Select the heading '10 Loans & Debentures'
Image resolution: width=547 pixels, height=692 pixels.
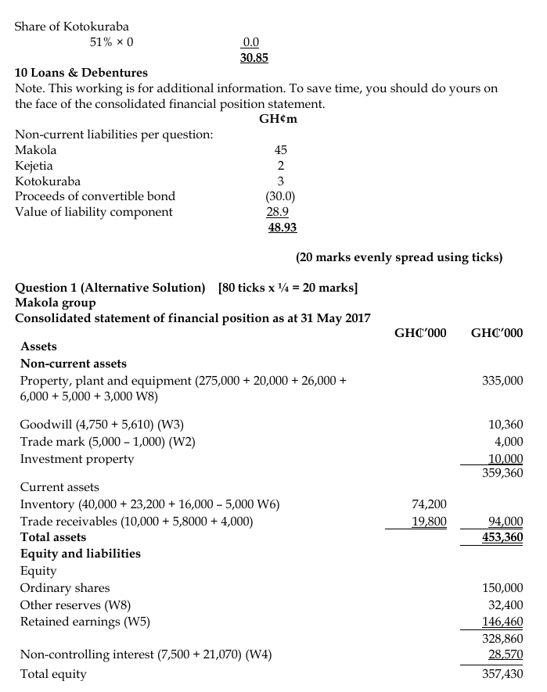(x=81, y=73)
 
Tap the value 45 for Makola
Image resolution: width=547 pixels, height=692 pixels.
(x=280, y=149)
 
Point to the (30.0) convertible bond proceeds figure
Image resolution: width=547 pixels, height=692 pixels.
(x=280, y=196)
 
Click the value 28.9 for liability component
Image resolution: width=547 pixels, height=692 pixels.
(x=278, y=212)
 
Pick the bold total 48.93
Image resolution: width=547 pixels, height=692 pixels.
(x=282, y=227)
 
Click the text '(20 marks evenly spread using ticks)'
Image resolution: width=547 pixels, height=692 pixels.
(x=399, y=256)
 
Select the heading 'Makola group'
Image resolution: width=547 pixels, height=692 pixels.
(x=56, y=302)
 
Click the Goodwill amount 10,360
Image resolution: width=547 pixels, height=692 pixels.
(x=505, y=425)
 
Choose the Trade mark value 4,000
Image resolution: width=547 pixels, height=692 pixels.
(x=507, y=442)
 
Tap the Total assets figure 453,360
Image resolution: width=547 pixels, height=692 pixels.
(x=502, y=537)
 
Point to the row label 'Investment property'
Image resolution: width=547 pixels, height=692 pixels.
(x=77, y=459)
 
